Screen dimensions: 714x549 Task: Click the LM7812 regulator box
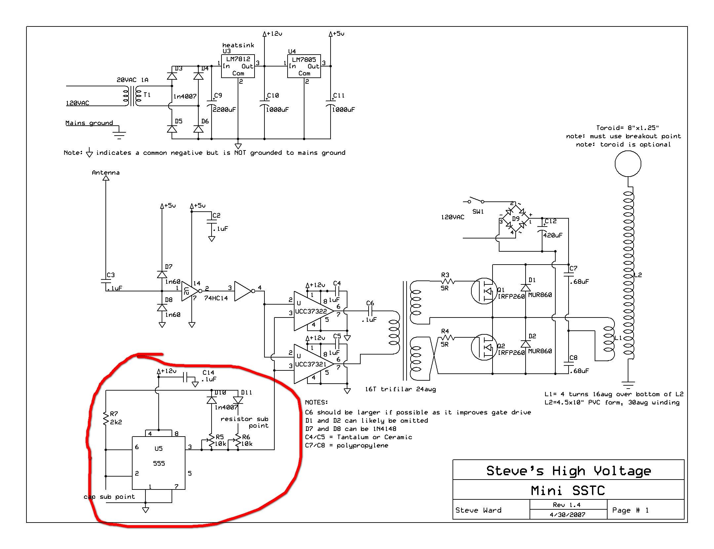point(238,66)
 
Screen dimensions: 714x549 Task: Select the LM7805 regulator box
point(304,66)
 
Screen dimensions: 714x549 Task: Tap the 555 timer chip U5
point(159,463)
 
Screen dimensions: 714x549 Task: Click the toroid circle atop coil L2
point(628,164)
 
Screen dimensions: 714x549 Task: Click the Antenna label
point(106,173)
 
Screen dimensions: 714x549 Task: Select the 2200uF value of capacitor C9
point(224,109)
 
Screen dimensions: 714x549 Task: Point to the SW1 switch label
point(478,211)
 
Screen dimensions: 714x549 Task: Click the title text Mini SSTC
point(568,490)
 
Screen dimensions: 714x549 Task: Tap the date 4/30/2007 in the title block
point(568,515)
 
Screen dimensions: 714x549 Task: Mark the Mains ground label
point(89,123)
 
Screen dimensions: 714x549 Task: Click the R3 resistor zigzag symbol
point(448,281)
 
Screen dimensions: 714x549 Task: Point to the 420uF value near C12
point(553,235)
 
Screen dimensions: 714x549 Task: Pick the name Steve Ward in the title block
point(478,510)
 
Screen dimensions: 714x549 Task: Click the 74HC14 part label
point(216,298)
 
